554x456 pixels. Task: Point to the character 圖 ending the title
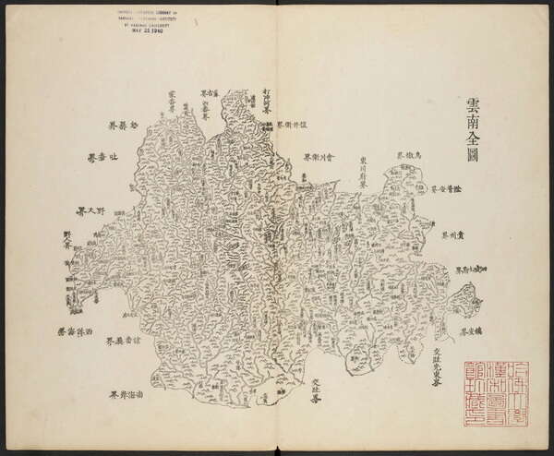(473, 163)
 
